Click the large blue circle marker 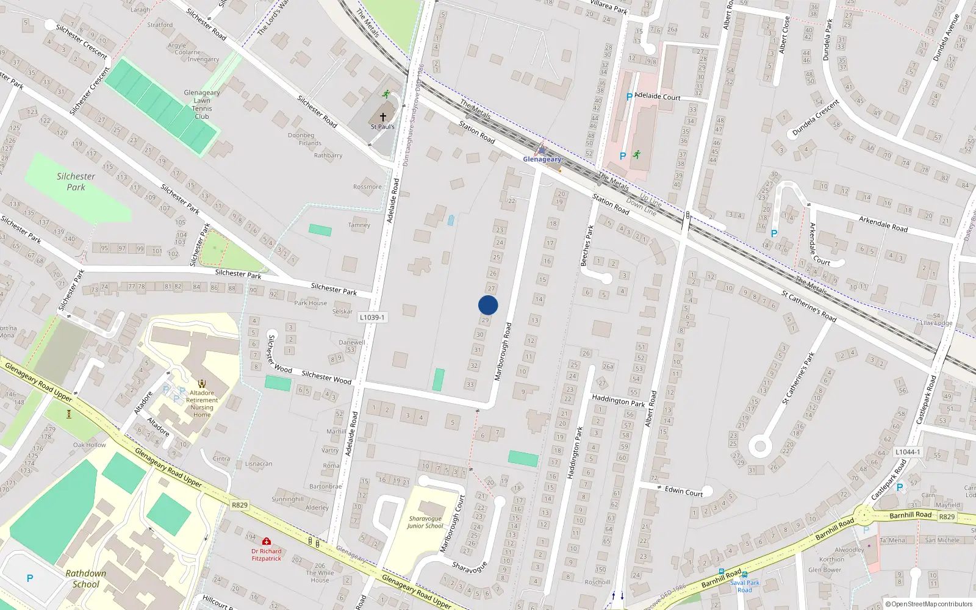(488, 305)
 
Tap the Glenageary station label (542, 159)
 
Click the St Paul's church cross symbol (383, 117)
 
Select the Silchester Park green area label (76, 182)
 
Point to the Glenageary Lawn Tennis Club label (202, 104)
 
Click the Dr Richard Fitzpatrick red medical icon (267, 541)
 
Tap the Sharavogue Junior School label (425, 522)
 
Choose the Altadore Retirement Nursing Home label (202, 404)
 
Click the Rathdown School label (86, 578)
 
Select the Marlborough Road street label (503, 352)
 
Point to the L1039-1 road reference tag (372, 317)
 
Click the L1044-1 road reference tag (908, 452)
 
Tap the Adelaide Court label (658, 96)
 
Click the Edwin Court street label (684, 491)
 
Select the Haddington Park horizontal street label (618, 400)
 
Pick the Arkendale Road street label (883, 224)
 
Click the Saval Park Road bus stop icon (745, 575)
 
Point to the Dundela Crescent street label (816, 118)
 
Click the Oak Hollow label (90, 445)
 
